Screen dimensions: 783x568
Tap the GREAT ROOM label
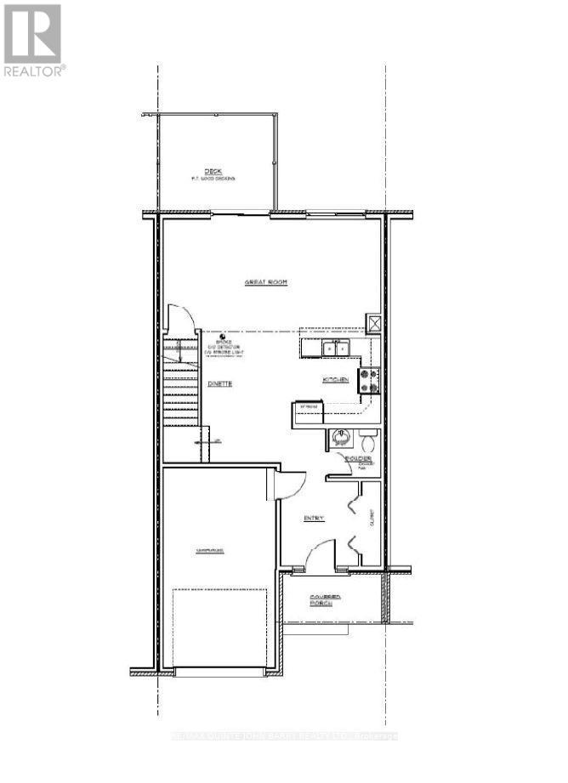pyautogui.click(x=265, y=282)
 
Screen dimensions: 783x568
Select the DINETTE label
pyautogui.click(x=220, y=383)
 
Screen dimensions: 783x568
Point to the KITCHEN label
pyautogui.click(x=335, y=379)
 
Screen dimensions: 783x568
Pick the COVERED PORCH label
pyautogui.click(x=326, y=602)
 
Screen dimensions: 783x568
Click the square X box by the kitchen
pyautogui.click(x=373, y=323)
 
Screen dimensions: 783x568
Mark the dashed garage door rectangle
pyautogui.click(x=225, y=629)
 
